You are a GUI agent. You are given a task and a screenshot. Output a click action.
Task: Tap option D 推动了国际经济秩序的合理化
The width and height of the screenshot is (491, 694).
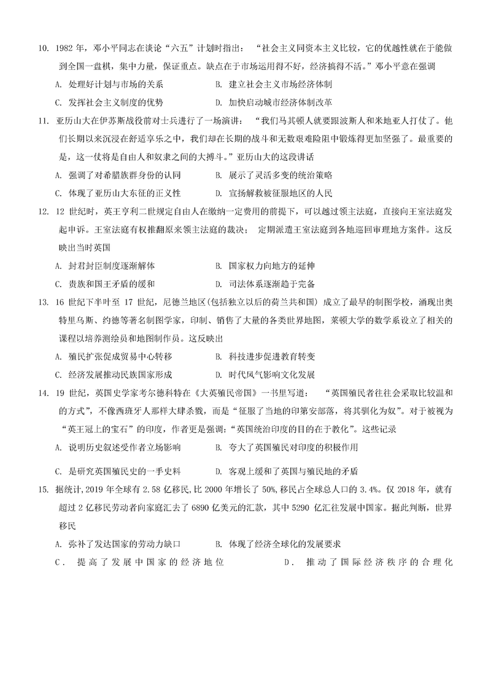point(368,561)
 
